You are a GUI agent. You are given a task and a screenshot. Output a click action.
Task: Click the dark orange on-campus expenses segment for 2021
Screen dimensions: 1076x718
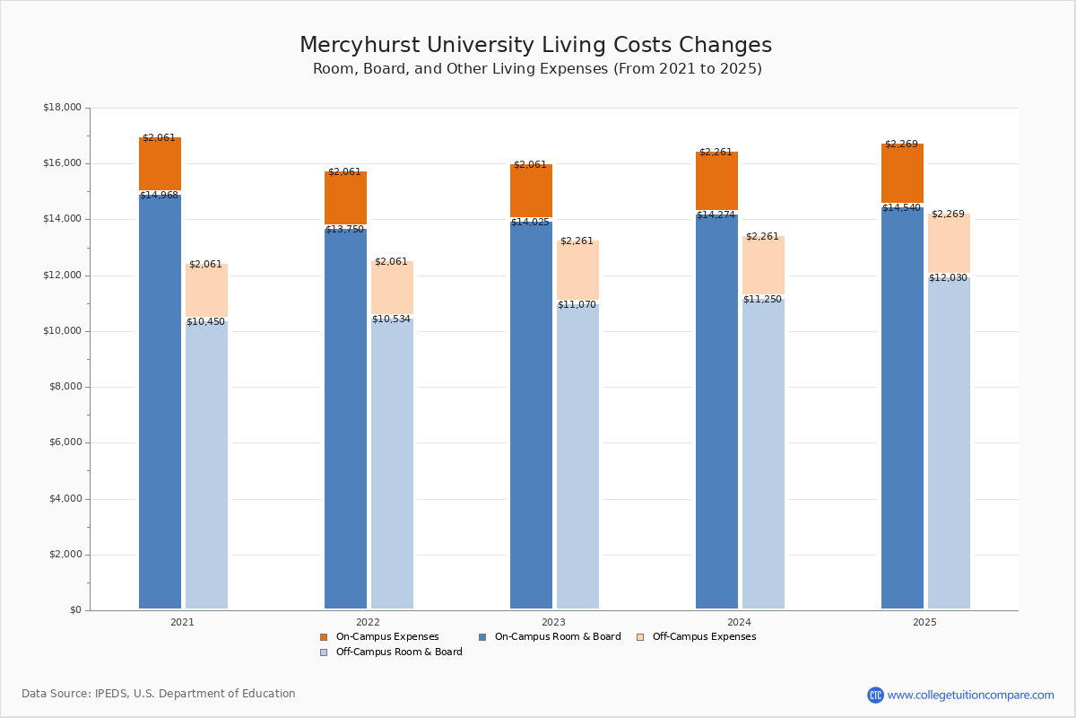point(160,163)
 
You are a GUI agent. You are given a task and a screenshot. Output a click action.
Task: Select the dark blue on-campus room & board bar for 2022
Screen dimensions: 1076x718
point(345,418)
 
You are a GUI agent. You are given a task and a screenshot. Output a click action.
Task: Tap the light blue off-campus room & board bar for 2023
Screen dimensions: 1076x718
point(577,456)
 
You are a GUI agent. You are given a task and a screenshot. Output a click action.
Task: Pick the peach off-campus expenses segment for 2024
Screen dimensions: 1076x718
point(763,265)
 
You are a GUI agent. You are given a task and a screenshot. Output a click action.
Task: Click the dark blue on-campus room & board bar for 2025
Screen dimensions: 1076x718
point(902,407)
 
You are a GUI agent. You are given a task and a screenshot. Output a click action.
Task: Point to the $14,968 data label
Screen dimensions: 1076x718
point(159,196)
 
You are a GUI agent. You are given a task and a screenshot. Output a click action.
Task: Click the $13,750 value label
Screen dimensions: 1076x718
point(345,230)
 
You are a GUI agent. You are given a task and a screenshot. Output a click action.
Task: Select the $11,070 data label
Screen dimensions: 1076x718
point(577,304)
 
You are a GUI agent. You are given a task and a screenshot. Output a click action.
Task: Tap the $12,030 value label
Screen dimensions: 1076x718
point(948,277)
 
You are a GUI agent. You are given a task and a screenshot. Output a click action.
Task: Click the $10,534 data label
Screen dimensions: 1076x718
point(391,319)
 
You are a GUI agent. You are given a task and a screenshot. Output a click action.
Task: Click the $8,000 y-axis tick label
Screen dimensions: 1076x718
point(65,387)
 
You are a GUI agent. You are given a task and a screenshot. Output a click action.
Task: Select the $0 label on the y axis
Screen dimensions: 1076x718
point(76,610)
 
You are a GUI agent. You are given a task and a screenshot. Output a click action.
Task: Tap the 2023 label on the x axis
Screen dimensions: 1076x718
point(553,622)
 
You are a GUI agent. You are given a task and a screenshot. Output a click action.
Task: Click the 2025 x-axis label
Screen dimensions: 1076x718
point(924,622)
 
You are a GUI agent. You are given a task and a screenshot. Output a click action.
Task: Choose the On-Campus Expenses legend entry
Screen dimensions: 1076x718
point(379,636)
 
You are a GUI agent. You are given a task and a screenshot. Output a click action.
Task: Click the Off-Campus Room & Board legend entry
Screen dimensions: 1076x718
point(391,652)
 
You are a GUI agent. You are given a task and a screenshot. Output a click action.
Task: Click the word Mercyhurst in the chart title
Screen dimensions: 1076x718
point(360,45)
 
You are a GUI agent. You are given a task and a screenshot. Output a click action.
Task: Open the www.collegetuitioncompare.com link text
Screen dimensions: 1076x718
point(970,695)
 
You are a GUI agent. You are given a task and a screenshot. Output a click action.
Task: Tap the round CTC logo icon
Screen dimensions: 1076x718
point(875,695)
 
